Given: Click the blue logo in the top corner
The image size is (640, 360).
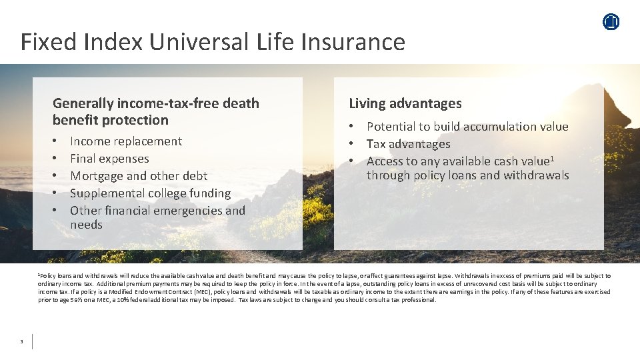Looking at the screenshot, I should pos(611,22).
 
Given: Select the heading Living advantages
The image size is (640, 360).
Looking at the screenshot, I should pos(405,103).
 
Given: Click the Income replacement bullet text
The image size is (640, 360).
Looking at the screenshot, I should pos(126,141).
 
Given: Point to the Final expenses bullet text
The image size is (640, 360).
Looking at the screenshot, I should pos(109,159).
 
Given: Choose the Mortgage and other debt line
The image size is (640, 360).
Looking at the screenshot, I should pos(139,176).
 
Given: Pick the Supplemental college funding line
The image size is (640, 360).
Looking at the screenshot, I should pos(150,193).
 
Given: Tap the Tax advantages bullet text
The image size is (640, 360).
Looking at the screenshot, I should pos(408,144).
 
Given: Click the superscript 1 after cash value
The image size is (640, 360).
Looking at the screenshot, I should pos(553,159).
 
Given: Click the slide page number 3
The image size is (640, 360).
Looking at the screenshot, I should pos(21,342).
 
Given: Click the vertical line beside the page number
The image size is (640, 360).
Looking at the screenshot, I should pos(32,341).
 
